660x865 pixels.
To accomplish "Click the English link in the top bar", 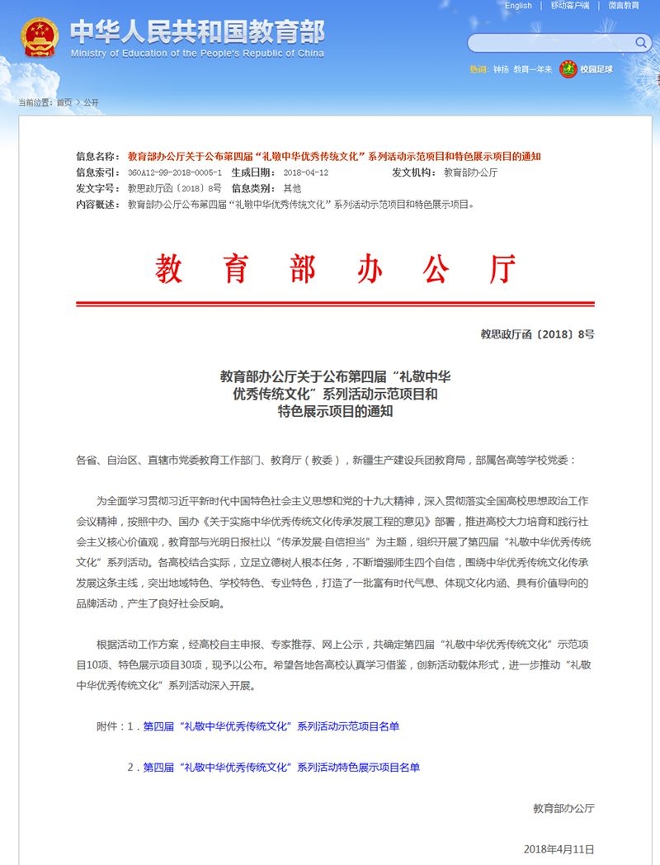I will click(518, 6).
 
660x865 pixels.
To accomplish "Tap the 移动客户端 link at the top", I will click(570, 6).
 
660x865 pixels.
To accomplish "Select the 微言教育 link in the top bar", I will click(624, 6).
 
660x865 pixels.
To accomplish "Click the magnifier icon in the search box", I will click(641, 42).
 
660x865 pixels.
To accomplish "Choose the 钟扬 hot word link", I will click(501, 69).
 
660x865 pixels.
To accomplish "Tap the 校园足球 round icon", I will click(568, 69).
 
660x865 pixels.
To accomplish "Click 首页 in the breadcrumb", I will click(64, 102).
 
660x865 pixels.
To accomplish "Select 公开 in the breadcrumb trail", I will click(91, 102).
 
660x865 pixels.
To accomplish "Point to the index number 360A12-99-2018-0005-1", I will click(175, 173).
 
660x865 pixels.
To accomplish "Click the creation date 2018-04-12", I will click(305, 173).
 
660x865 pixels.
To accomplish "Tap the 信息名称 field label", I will click(97, 156).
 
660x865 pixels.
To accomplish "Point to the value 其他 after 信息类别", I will click(292, 188).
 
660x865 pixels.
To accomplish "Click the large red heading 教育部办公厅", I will click(335, 269).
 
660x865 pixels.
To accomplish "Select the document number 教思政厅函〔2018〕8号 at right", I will click(537, 334).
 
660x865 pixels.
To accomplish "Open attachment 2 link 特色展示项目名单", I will click(281, 767).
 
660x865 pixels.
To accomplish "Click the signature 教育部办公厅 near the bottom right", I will click(563, 808).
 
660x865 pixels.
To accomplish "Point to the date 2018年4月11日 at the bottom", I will click(559, 848).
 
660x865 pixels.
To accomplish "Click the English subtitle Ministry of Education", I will click(197, 53).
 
